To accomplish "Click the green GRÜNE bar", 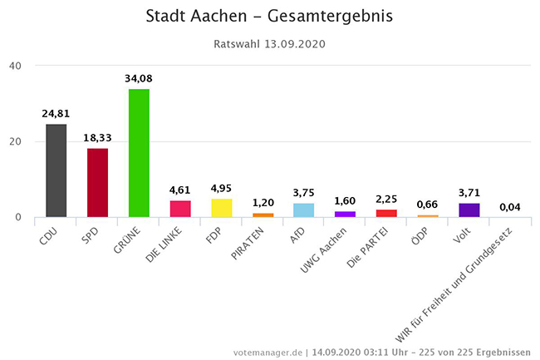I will coord(139,153).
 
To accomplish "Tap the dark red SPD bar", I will coord(97,182).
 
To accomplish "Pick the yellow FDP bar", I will coord(222,208).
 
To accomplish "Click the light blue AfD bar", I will coord(304,210).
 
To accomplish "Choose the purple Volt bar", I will coord(469,210).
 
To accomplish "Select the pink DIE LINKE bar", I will coord(180,209).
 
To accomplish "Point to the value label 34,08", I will coord(139,79).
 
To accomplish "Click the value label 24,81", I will coord(56,113).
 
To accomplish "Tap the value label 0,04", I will coord(510,207).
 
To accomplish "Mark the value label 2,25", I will coord(386,199).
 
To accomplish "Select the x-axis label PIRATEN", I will coord(254,242).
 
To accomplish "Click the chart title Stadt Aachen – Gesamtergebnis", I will coord(269,17).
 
